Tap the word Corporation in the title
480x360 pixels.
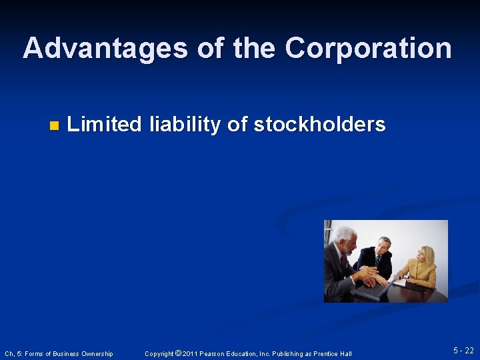[x=368, y=48]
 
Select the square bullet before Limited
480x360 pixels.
[x=54, y=125]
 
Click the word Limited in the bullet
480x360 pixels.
[x=105, y=124]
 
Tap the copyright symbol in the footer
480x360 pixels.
[x=178, y=353]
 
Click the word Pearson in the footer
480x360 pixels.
[x=217, y=353]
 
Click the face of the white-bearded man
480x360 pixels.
[x=346, y=241]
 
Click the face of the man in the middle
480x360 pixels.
[x=383, y=246]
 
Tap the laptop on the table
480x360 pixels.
[x=371, y=289]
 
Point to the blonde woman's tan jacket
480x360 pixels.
[x=420, y=273]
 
